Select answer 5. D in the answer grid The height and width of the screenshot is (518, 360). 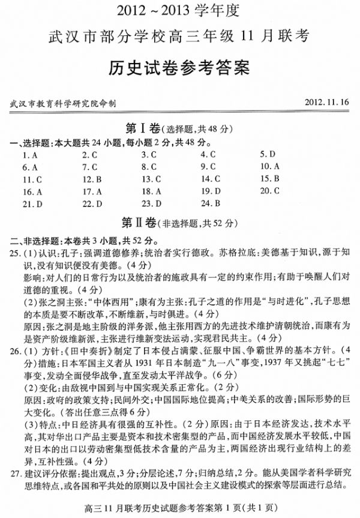tap(268, 154)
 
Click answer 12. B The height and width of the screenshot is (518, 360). tap(92, 179)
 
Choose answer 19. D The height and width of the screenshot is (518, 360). tap(210, 191)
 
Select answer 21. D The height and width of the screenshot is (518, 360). tap(32, 204)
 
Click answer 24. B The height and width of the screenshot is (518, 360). tap(210, 203)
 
